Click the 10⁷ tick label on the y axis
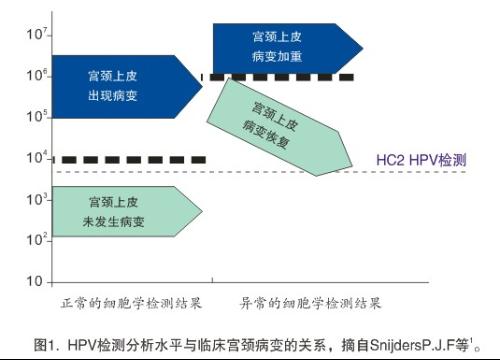click(x=36, y=34)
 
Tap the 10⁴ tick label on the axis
click(x=36, y=158)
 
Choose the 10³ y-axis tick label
click(x=36, y=199)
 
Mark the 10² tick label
click(x=36, y=239)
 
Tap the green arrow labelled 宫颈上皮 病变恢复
click(x=285, y=125)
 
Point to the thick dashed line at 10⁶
click(x=280, y=76)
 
